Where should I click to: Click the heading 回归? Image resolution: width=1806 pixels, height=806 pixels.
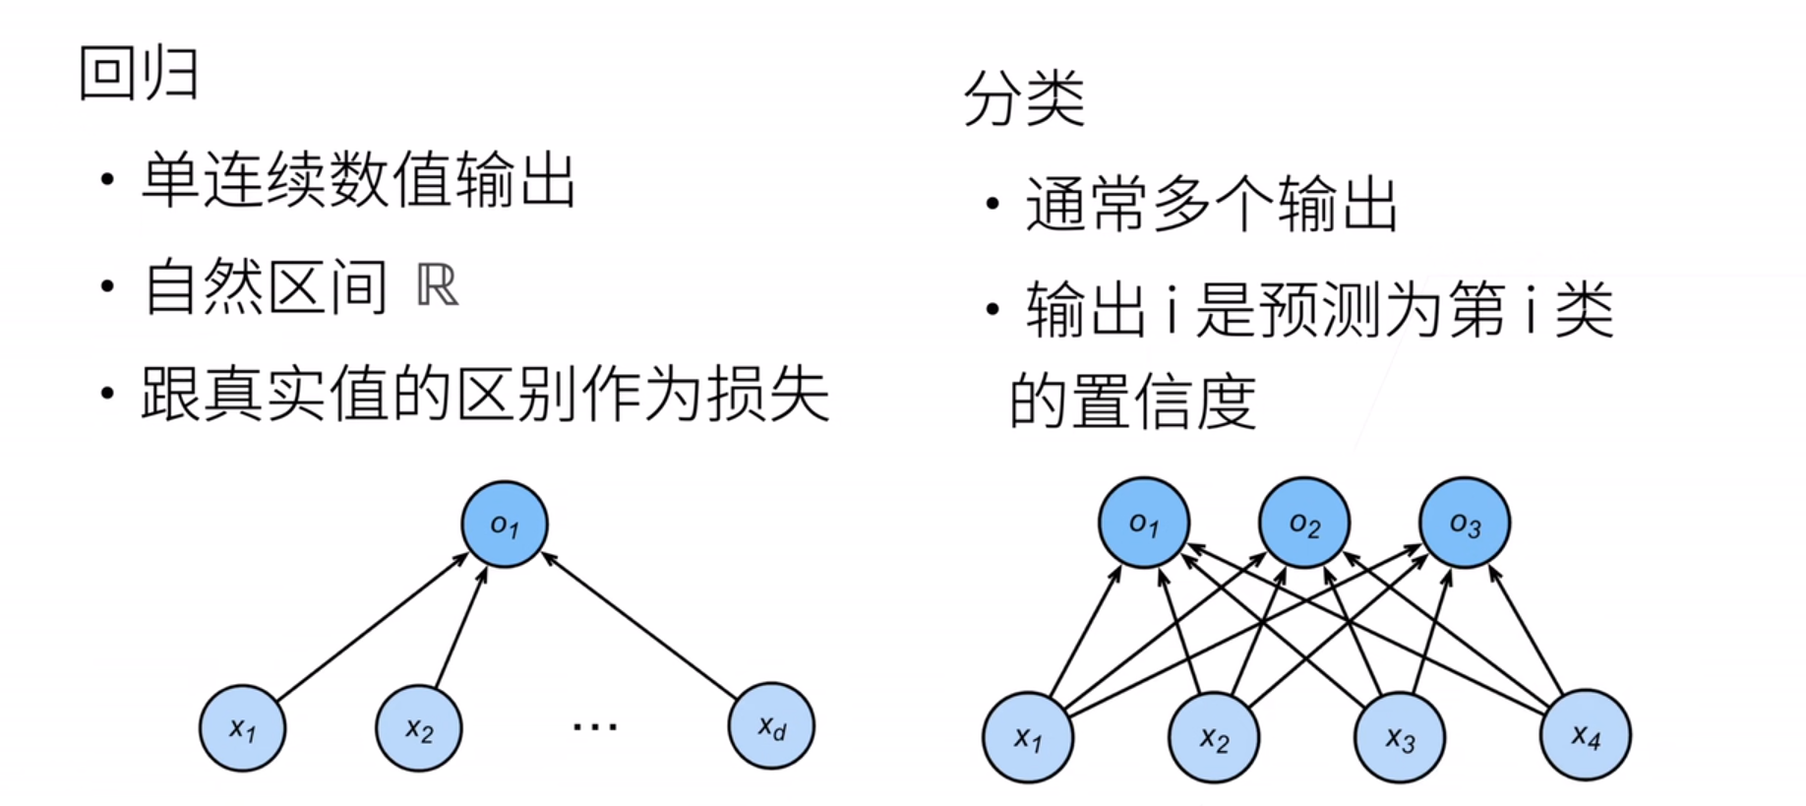click(x=139, y=74)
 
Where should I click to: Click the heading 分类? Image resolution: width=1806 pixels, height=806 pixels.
click(x=1024, y=98)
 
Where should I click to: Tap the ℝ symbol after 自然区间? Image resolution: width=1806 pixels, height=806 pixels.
click(x=437, y=286)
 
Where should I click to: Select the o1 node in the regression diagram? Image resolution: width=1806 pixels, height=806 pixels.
click(x=505, y=524)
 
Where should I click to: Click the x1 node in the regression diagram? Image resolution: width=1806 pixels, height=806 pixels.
click(x=242, y=728)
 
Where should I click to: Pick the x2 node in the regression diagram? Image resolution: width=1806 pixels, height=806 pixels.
click(x=419, y=728)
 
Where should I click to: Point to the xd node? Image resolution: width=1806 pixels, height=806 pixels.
click(x=771, y=726)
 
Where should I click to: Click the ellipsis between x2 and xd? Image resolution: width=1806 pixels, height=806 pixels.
click(x=595, y=727)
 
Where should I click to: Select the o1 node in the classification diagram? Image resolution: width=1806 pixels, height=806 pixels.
click(x=1144, y=523)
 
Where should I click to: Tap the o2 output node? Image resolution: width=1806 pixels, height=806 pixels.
click(x=1304, y=523)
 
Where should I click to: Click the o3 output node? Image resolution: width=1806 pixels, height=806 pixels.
click(x=1465, y=523)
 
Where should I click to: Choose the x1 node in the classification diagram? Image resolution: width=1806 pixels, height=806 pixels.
click(x=1028, y=737)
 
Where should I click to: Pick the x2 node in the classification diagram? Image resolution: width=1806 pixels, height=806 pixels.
click(x=1214, y=737)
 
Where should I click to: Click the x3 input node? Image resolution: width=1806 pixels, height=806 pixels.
click(x=1400, y=737)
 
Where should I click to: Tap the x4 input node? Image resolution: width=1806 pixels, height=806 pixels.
click(x=1586, y=735)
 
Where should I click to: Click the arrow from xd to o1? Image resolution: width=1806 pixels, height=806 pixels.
click(x=639, y=627)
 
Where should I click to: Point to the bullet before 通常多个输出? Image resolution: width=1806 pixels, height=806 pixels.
click(x=993, y=204)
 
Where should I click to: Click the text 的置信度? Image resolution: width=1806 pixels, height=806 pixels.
click(x=1132, y=402)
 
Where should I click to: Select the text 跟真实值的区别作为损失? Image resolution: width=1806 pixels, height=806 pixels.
click(x=485, y=395)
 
